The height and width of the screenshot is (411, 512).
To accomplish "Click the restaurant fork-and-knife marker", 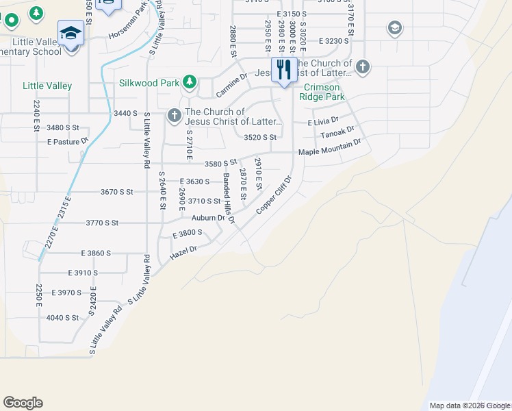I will pyautogui.click(x=283, y=70).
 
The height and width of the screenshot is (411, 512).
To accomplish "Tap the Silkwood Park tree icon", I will pyautogui.click(x=190, y=84).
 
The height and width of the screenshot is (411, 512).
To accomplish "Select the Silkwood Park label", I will pyautogui.click(x=149, y=84).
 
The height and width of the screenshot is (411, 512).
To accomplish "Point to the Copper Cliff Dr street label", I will pyautogui.click(x=274, y=195).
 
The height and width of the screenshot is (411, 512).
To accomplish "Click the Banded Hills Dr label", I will pyautogui.click(x=229, y=199).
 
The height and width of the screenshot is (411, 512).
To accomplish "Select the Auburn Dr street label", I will pyautogui.click(x=208, y=218).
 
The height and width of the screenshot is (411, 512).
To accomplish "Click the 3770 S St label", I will pyautogui.click(x=102, y=223).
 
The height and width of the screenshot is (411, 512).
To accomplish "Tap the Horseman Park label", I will pyautogui.click(x=127, y=26).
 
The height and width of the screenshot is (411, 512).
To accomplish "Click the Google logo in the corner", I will pyautogui.click(x=23, y=403).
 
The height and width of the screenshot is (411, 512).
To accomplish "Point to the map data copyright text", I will pyautogui.click(x=470, y=406).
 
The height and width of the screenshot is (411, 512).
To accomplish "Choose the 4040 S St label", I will pyautogui.click(x=62, y=318).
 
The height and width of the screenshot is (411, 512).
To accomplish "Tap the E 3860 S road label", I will pyautogui.click(x=95, y=253).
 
